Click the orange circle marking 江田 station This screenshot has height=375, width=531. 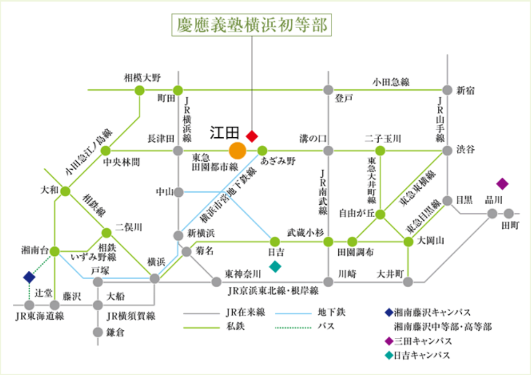tap(238, 151)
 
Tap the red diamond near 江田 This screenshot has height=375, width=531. tap(251, 136)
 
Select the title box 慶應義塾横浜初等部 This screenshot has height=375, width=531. tap(251, 25)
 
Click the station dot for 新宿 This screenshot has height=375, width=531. tap(447, 90)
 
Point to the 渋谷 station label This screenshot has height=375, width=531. tap(465, 151)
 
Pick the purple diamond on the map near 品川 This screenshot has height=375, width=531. tap(502, 184)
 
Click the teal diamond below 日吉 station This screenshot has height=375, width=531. tap(275, 266)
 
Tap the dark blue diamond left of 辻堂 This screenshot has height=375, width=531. tap(29, 277)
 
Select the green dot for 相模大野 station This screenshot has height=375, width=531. tap(139, 90)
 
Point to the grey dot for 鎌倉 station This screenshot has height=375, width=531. tap(97, 332)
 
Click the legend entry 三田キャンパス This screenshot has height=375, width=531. tap(424, 341)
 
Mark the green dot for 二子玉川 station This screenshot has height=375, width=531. tap(379, 151)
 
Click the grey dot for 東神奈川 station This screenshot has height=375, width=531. tap(216, 282)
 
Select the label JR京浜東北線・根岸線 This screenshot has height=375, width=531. tap(273, 291)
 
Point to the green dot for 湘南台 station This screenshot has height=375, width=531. tap(54, 250)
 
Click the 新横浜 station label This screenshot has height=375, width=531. tap(201, 234)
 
